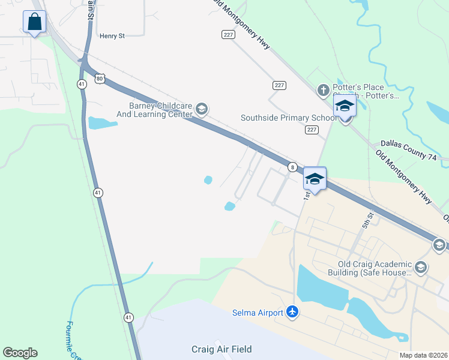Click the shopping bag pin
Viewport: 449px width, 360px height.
click(35, 23)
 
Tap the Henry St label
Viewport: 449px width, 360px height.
click(112, 36)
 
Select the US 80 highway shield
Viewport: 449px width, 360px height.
click(99, 78)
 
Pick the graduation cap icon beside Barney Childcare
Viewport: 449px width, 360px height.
click(201, 109)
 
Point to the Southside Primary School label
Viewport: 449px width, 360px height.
click(288, 118)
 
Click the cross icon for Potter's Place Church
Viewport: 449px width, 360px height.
click(323, 90)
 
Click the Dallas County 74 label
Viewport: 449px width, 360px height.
click(408, 145)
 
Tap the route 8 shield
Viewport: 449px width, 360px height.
click(292, 167)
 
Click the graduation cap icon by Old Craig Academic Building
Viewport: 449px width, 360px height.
click(420, 267)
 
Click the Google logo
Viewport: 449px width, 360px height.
click(20, 352)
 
